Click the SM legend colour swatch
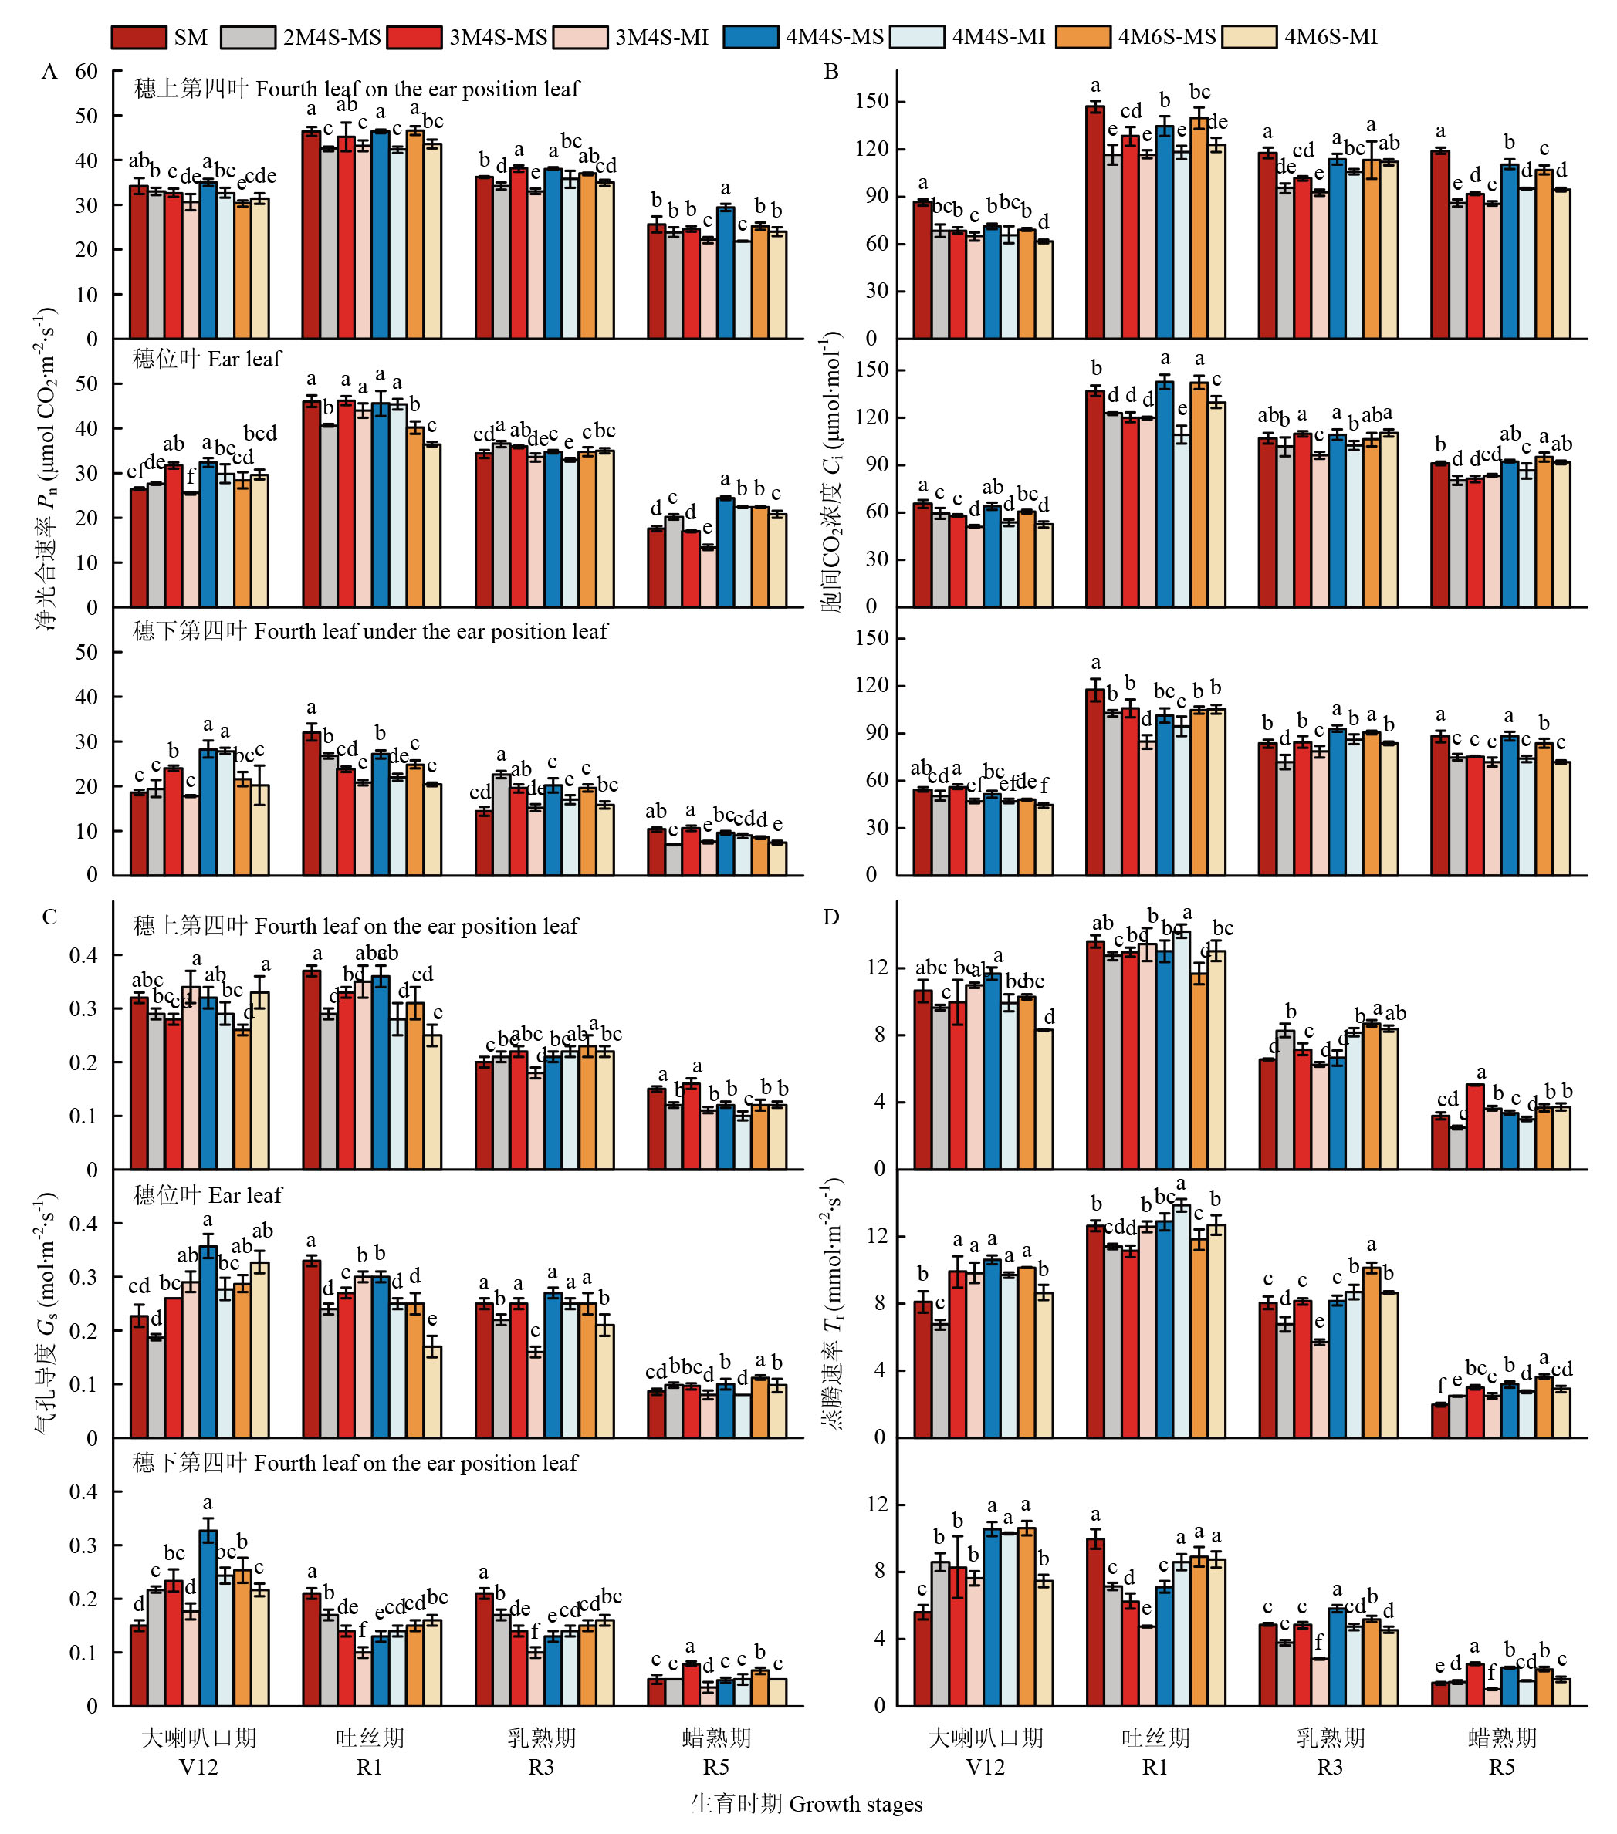(138, 37)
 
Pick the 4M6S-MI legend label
(1330, 37)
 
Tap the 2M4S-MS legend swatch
(247, 37)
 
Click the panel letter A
(49, 72)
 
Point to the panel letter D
(831, 916)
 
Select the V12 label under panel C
(198, 1767)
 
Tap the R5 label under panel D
(1501, 1767)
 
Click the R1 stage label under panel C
(370, 1767)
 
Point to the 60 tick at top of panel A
(86, 72)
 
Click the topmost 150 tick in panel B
(871, 101)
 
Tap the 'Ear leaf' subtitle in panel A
(208, 359)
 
